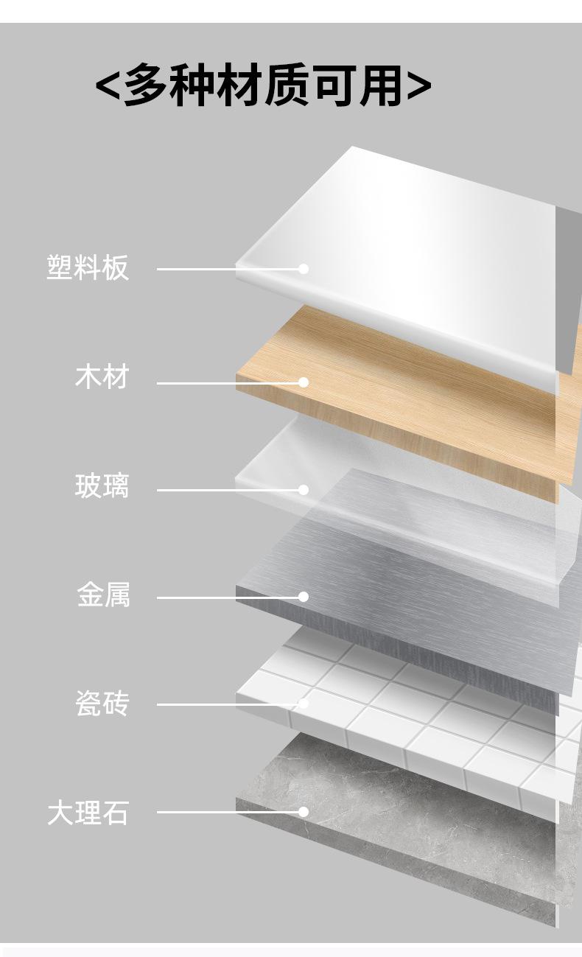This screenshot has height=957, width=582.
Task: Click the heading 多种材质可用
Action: point(263,86)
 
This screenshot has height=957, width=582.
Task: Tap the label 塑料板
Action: point(88,267)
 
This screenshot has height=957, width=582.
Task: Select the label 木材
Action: point(102,376)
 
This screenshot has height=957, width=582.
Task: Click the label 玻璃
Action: point(102,486)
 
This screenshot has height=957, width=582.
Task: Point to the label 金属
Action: point(103,595)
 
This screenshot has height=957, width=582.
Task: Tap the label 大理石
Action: point(88,813)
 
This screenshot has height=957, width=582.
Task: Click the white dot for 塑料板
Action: point(304,269)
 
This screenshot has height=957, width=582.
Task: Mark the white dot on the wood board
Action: point(304,382)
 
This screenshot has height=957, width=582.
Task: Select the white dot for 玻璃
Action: point(304,490)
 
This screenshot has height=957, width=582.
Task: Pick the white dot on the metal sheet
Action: point(304,597)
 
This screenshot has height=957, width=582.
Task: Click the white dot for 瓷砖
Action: point(304,704)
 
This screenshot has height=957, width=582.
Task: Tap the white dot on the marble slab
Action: point(304,812)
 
